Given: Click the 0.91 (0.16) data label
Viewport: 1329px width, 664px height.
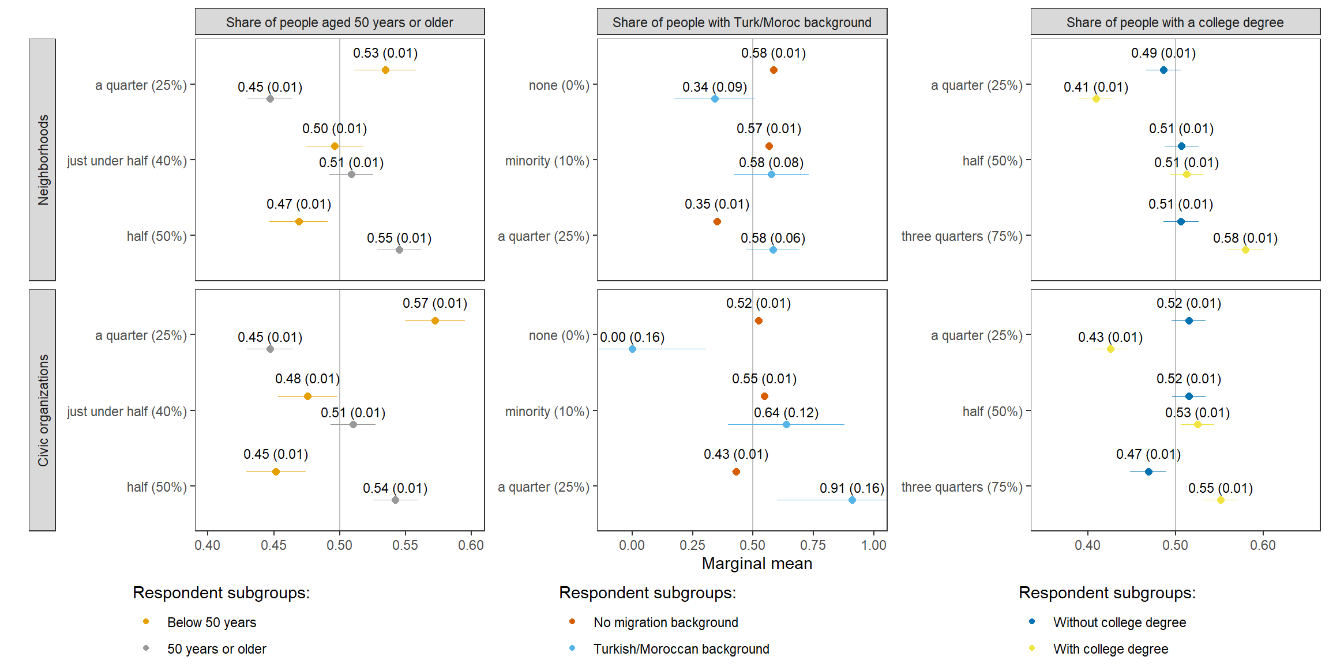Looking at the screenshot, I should point(851,488).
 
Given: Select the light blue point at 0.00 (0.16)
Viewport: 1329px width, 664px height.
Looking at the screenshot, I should point(632,349).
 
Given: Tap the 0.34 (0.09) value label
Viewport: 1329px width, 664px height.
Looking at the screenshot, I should point(714,87).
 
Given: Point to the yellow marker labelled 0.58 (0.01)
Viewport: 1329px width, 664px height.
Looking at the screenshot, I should point(1245,250).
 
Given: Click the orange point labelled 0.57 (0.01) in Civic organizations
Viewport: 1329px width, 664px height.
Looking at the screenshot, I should point(435,320).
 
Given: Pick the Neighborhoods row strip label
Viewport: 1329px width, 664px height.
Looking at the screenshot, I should point(43,160).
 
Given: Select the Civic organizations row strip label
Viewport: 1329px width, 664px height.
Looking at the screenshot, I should point(43,410).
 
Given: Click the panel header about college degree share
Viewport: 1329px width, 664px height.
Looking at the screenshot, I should point(1174,22).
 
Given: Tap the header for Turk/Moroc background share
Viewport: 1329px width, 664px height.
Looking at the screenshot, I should point(741,22).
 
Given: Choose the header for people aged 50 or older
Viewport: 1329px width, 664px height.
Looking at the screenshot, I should point(339,22).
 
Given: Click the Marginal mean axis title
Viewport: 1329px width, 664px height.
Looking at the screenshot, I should point(756,563).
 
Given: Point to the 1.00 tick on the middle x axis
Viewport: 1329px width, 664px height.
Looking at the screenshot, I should point(873,545).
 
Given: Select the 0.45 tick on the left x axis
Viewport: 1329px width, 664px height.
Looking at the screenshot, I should point(273,545).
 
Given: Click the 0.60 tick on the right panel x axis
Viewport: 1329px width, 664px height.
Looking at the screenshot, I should point(1262,545).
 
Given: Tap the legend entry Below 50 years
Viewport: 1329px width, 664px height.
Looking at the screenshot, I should point(211,622).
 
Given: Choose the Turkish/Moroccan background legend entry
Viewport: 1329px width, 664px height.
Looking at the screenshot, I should point(681,649).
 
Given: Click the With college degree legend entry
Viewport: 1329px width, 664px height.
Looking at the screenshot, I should point(1110,649).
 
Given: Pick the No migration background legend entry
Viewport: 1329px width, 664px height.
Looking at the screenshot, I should point(665,622).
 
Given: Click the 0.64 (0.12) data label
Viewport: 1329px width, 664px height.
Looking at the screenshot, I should point(786,413).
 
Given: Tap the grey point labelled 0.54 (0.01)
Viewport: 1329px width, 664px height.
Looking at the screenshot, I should point(395,500).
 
